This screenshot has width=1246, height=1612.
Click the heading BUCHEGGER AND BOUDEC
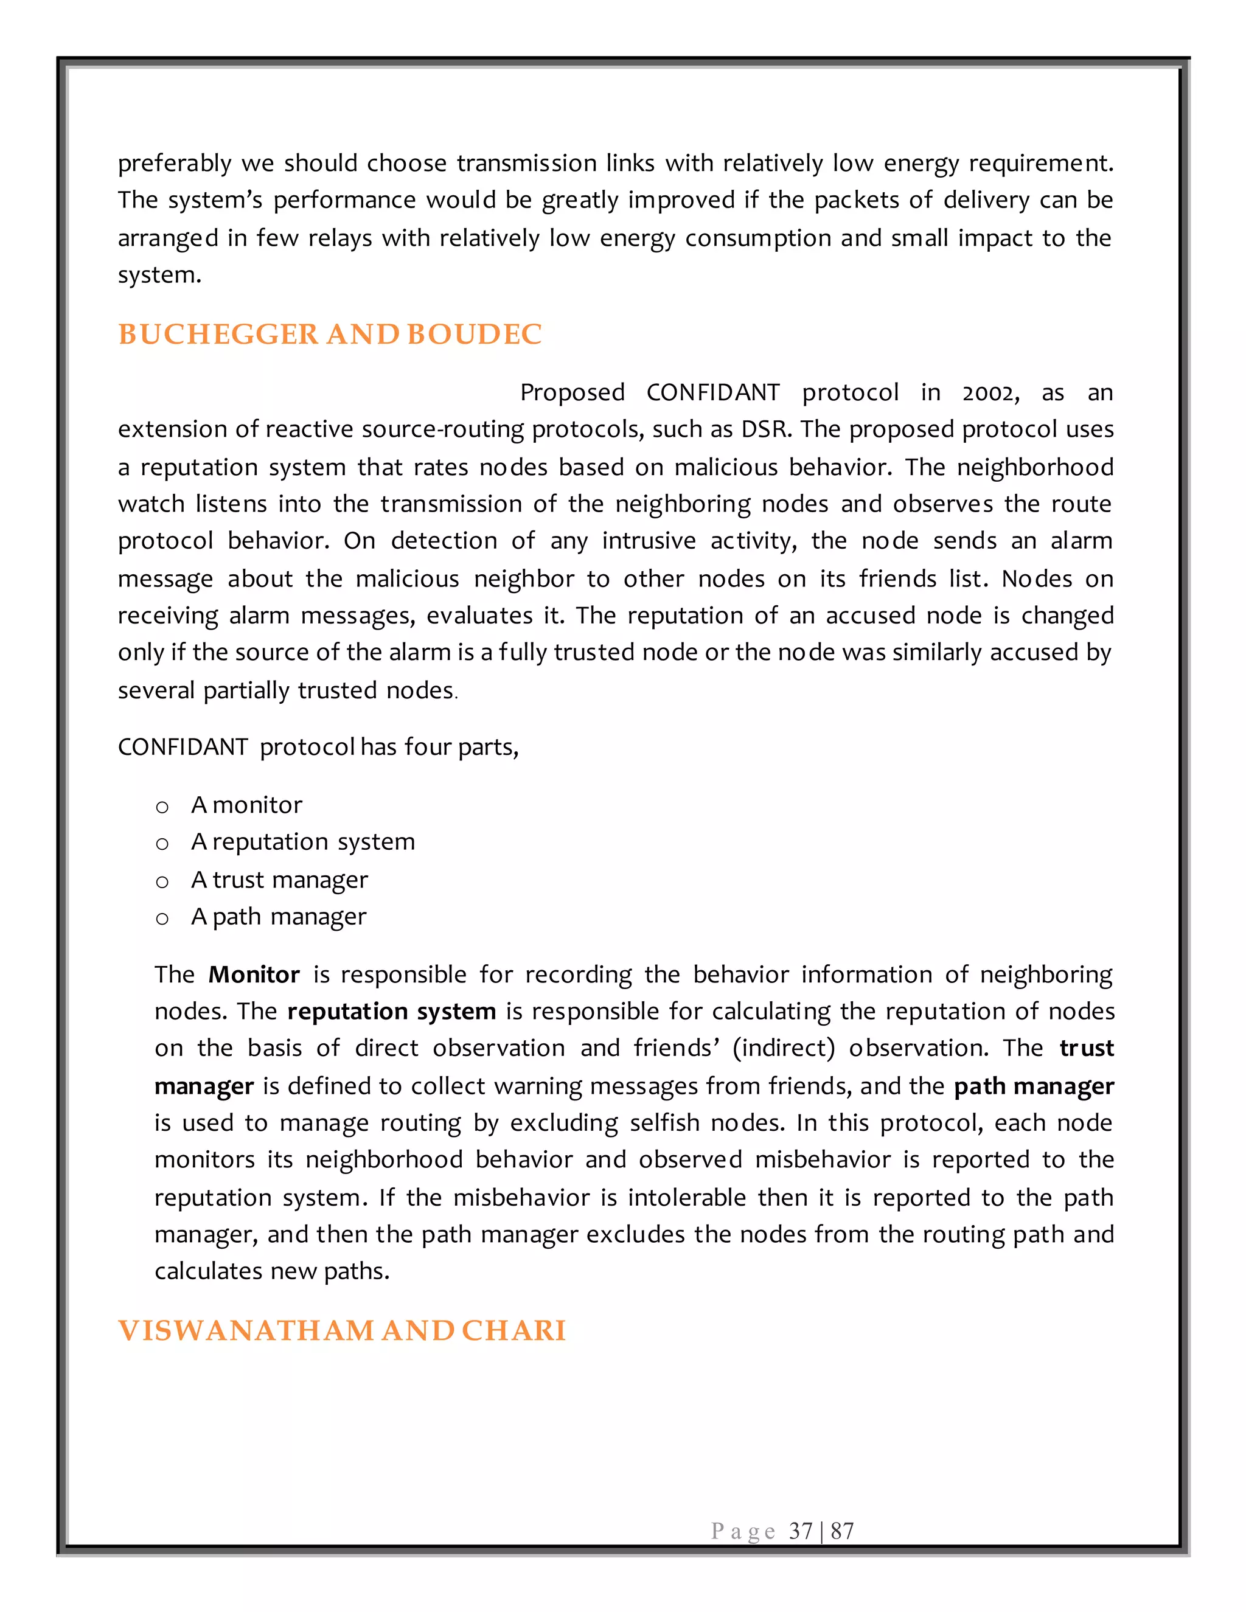(x=329, y=335)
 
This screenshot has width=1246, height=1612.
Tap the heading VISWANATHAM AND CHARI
(x=341, y=1331)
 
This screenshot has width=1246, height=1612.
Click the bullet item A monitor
(x=246, y=805)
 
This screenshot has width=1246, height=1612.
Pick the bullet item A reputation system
(x=302, y=841)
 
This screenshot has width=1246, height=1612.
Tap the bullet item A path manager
(x=278, y=917)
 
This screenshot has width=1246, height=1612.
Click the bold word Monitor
(x=254, y=975)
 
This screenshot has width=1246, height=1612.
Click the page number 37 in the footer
(x=800, y=1531)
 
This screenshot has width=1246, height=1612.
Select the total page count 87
(x=842, y=1531)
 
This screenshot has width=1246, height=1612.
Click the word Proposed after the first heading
(x=572, y=393)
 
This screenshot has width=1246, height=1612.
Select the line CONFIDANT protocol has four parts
(x=318, y=747)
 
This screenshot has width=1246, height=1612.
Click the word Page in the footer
(x=743, y=1531)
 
